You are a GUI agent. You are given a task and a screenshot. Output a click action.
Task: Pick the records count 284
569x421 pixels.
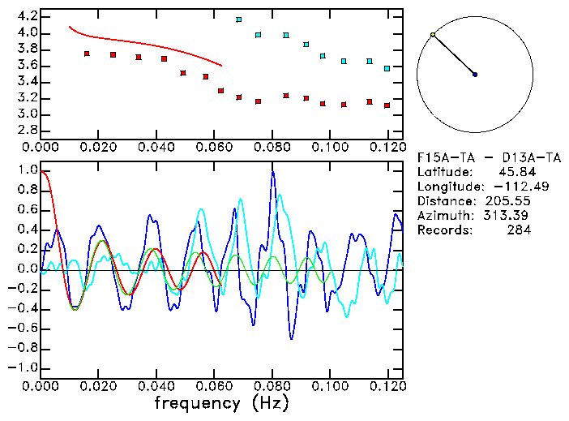pos(520,230)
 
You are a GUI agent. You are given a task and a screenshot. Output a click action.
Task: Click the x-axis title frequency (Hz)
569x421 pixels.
pos(221,403)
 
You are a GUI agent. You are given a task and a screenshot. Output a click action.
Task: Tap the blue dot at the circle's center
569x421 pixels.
pos(475,75)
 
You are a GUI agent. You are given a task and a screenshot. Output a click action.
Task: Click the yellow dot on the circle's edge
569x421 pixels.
pos(433,35)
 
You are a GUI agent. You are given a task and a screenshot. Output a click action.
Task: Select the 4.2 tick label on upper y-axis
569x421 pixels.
pos(27,16)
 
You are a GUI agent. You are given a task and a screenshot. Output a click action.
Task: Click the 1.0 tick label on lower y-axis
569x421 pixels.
pos(27,171)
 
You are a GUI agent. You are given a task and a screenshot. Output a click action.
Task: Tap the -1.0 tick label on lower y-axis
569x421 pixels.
pos(24,367)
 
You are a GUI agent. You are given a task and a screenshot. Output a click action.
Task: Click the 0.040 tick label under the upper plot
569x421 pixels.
pos(156,148)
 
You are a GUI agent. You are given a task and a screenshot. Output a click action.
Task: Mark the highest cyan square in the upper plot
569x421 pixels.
pos(238,19)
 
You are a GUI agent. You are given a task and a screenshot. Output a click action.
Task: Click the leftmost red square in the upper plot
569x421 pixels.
pos(87,54)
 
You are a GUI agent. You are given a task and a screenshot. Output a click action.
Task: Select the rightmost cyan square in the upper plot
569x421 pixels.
pos(387,68)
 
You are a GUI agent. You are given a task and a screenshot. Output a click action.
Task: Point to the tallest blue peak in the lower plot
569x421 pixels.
pos(273,172)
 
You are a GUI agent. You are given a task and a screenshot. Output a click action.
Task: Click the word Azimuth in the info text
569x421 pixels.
pos(443,216)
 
